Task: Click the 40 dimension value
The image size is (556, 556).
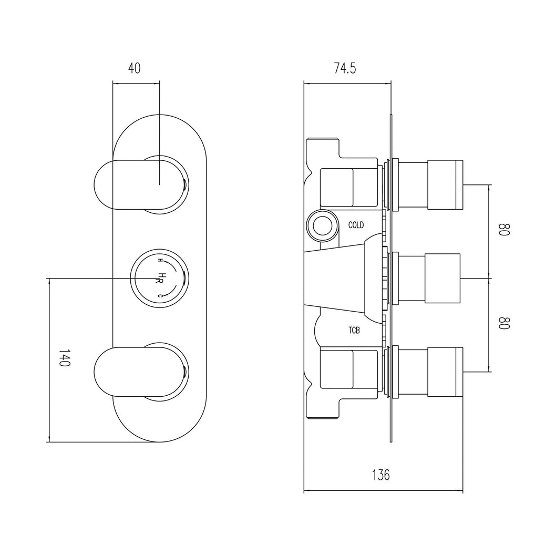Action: (x=135, y=68)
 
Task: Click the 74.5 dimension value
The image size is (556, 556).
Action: (x=345, y=68)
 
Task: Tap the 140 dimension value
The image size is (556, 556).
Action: (x=65, y=357)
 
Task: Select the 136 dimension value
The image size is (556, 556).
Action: (x=381, y=475)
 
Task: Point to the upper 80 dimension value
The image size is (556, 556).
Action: (x=504, y=230)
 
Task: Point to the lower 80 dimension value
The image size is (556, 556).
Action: (x=504, y=323)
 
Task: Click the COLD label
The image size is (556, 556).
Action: (x=356, y=225)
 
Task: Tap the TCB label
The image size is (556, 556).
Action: (x=354, y=331)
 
